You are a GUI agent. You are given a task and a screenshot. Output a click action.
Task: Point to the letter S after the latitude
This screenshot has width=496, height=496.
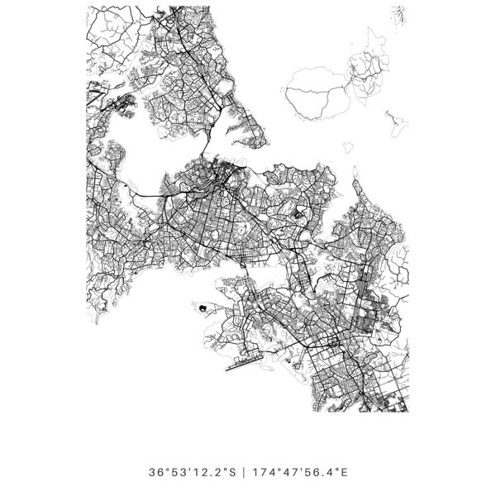coord(232,473)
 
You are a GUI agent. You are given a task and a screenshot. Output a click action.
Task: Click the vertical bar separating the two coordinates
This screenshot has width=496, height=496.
coord(244,473)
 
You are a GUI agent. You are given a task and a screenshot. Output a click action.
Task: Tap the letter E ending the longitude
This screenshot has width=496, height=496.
coord(344,473)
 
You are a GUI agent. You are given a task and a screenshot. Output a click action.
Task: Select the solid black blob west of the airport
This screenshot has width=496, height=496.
coord(201,308)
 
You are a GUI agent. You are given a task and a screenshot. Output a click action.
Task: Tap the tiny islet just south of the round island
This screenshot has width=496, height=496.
coord(348,148)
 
